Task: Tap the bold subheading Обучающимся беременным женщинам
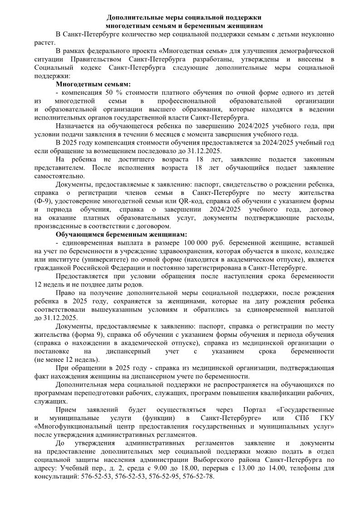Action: pos(121,234)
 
